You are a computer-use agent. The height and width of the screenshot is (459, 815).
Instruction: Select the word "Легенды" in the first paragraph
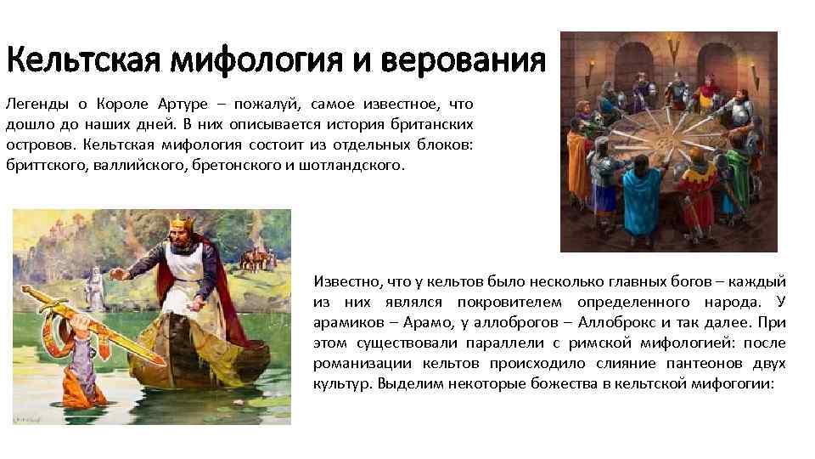pyautogui.click(x=33, y=105)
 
